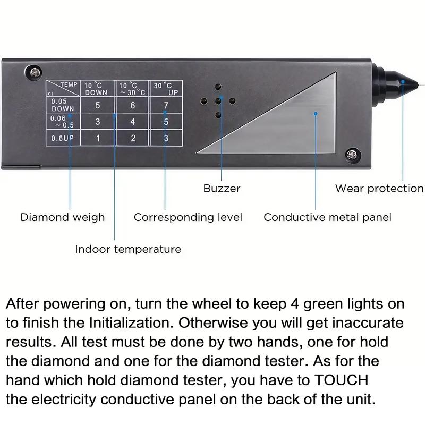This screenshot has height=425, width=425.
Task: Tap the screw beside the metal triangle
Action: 351,154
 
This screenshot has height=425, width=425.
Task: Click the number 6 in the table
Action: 133,105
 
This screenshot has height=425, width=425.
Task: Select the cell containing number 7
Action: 166,105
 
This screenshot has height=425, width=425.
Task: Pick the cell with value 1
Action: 98,138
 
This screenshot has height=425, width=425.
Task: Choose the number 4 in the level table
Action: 133,122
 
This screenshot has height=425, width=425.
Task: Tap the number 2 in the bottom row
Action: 133,138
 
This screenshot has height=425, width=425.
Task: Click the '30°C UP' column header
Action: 166,88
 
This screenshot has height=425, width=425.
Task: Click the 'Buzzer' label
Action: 222,188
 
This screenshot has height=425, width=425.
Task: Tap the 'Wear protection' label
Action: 379,188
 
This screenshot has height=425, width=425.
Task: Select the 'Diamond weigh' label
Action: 63,217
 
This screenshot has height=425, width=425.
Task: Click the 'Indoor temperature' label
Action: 128,249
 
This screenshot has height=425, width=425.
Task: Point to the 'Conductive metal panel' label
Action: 327,217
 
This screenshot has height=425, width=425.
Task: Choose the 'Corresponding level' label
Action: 188,217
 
